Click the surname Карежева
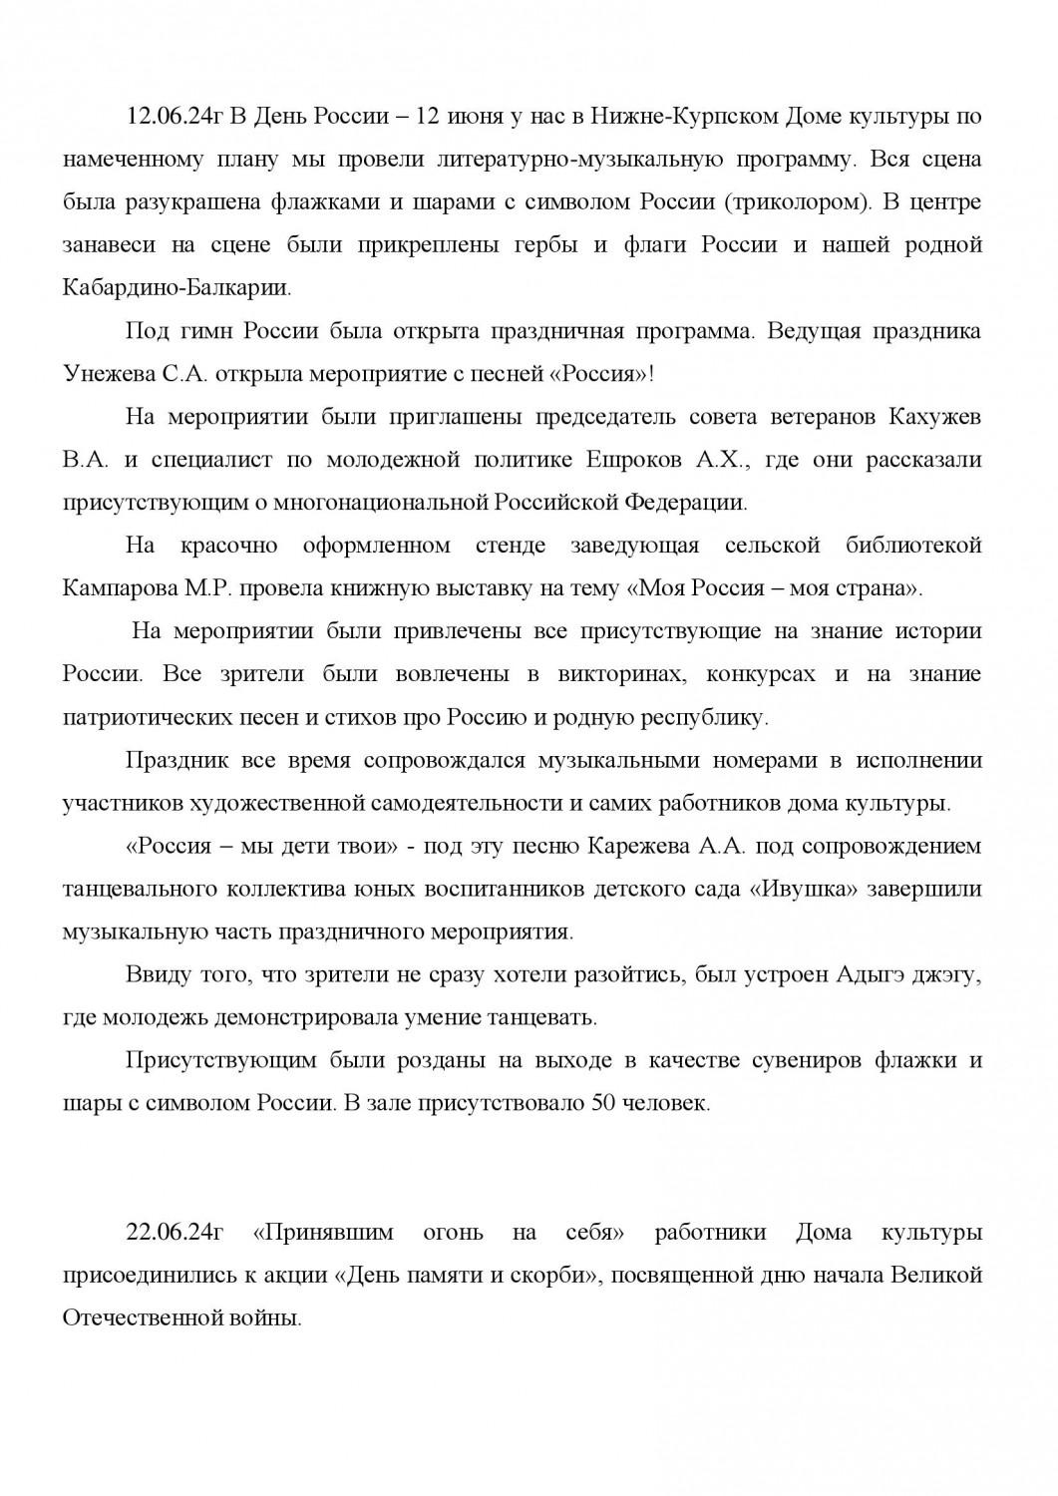tap(641, 846)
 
